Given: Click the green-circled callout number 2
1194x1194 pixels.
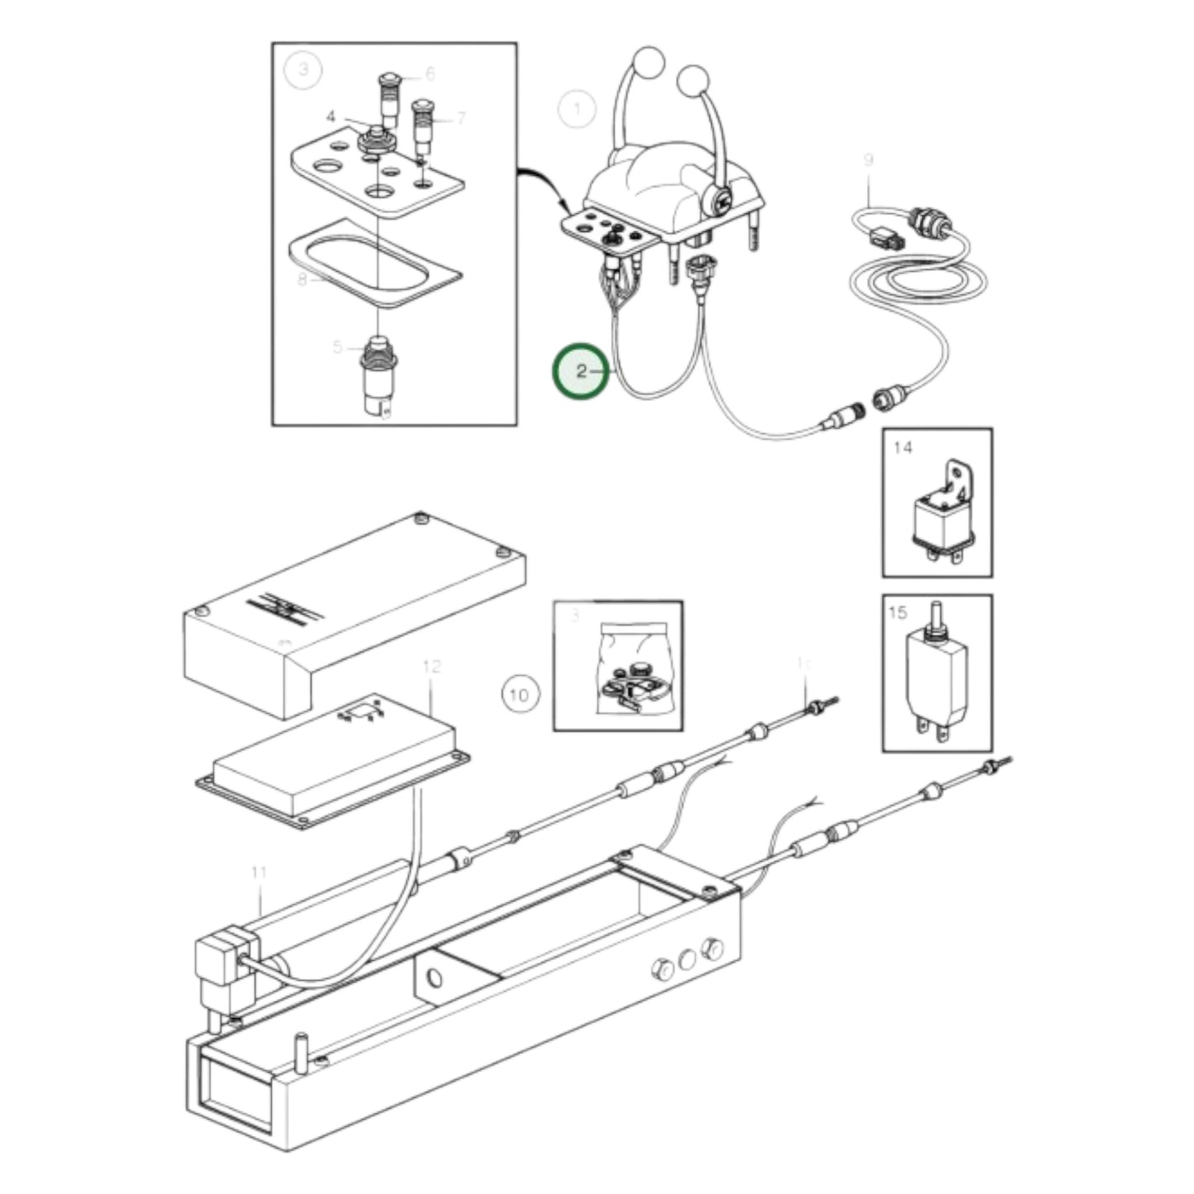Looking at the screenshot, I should (581, 371).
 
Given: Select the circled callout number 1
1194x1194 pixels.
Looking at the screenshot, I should (577, 109).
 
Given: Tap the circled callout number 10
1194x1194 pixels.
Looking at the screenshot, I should (518, 694).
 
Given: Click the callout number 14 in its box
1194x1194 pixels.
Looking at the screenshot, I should (902, 447).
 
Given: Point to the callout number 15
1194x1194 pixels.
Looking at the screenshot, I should (897, 612).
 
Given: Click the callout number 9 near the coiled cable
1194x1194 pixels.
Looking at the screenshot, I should (868, 159).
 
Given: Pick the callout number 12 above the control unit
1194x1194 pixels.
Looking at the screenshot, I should (431, 666).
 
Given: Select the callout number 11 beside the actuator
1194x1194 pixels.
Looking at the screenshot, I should (259, 873).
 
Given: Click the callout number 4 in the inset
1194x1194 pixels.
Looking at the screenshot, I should (331, 117).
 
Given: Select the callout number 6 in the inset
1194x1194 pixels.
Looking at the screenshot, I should (430, 74).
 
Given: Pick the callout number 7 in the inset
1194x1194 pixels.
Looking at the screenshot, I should (460, 118).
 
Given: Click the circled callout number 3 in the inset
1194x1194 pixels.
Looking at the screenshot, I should (303, 69).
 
